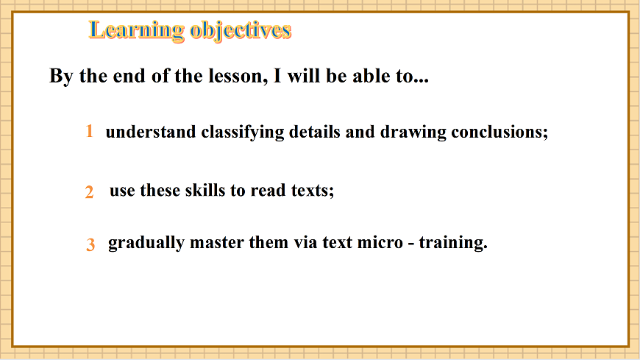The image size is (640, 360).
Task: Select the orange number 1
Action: click(89, 131)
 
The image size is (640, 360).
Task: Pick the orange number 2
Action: click(89, 192)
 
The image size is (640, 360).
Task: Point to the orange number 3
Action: click(90, 245)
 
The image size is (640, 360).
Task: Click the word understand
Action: click(151, 133)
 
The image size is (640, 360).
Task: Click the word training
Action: click(452, 243)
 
